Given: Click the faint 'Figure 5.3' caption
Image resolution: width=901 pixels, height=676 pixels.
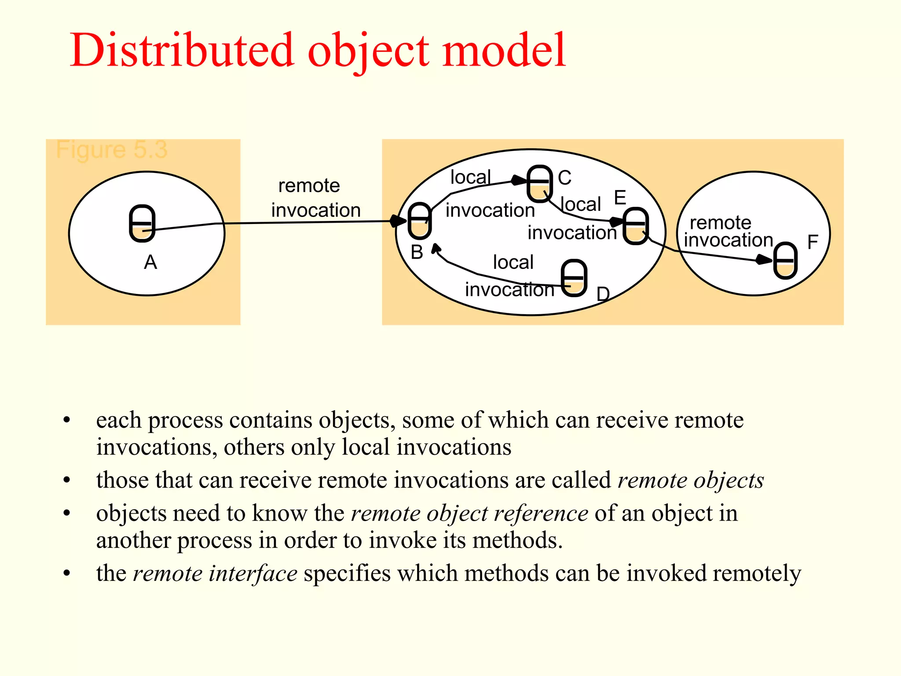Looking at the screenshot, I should click(112, 150).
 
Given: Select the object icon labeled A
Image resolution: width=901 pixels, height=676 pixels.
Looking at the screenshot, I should click(142, 223).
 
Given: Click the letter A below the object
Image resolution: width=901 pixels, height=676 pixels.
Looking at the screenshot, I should click(150, 262).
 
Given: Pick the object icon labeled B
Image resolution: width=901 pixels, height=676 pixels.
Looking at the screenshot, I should click(420, 221).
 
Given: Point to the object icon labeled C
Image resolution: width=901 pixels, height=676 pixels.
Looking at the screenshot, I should click(539, 184).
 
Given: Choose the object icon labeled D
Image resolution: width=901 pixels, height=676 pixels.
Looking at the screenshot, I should click(574, 278).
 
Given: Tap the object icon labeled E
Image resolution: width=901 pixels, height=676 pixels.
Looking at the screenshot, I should click(636, 226).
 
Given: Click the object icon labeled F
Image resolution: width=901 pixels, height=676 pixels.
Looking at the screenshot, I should click(786, 261).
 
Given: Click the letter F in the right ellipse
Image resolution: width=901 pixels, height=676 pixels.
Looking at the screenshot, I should click(813, 242).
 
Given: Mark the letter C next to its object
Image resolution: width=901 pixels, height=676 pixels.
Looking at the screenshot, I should click(564, 178).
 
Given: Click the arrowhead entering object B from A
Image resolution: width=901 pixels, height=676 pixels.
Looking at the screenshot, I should click(398, 221).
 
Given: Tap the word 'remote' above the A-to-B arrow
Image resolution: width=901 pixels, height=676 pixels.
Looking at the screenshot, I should click(309, 186).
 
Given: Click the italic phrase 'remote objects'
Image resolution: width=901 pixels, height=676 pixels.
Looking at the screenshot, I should click(691, 480).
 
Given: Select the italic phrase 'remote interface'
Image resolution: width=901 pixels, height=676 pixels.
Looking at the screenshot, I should click(215, 573).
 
